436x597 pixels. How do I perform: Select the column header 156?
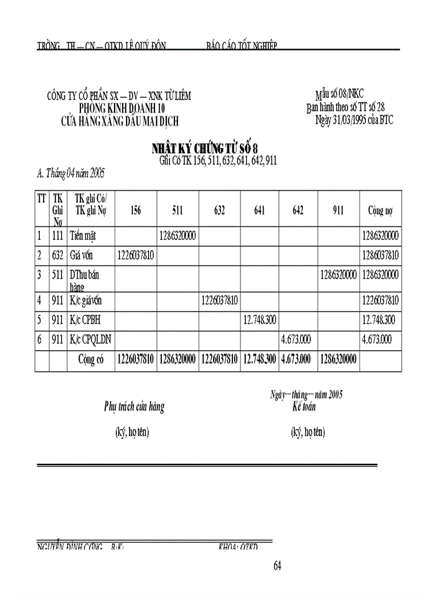135,211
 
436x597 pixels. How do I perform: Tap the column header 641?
259,211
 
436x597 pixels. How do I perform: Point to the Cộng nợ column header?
379,211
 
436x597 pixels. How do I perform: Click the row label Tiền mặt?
85,236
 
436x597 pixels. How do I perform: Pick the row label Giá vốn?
85,255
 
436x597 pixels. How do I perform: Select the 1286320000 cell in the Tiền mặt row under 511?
178,236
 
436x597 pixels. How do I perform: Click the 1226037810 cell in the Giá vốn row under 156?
135,255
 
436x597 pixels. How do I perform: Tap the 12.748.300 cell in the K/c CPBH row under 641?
259,320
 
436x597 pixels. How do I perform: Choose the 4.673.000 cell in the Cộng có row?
298,360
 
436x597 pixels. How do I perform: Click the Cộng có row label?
90,360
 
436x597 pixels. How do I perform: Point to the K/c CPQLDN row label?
90,340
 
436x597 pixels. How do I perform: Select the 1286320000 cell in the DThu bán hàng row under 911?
338,274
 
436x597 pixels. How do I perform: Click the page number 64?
278,565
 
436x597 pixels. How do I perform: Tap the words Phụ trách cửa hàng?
134,407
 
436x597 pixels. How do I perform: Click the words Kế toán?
305,407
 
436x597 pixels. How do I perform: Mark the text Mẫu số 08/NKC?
339,94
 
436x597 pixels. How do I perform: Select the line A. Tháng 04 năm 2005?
70,172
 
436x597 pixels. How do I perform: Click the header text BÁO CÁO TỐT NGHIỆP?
241,45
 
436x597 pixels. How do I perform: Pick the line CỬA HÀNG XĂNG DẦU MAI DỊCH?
120,122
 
